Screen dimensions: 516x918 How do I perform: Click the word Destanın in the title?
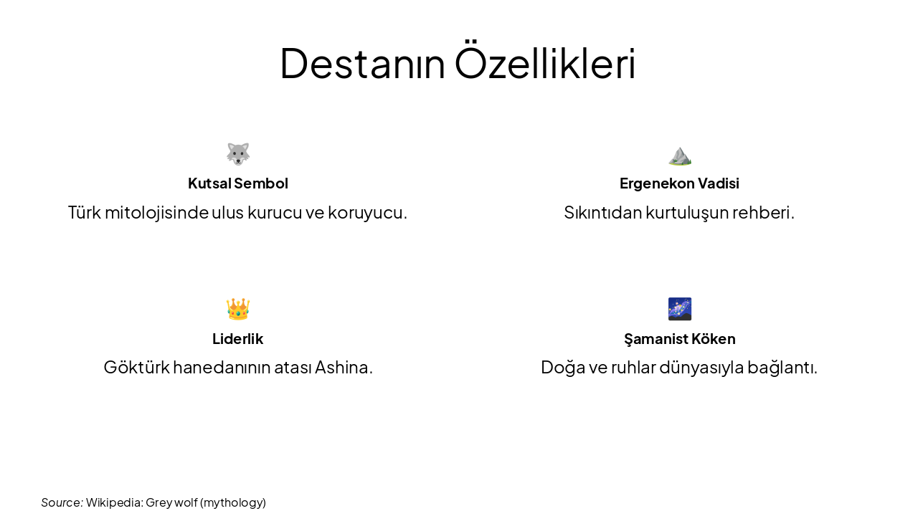(x=362, y=63)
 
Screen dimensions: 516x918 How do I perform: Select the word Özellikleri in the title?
(x=545, y=63)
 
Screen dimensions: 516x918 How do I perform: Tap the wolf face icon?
(x=238, y=153)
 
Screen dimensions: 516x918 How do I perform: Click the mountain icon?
(x=679, y=155)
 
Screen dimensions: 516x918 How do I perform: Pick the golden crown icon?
(x=238, y=309)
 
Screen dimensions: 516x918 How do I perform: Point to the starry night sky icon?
(x=679, y=309)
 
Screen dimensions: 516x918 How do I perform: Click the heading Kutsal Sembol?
(x=238, y=183)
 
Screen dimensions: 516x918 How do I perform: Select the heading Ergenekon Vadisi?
(x=679, y=183)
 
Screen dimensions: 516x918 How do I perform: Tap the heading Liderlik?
(x=238, y=339)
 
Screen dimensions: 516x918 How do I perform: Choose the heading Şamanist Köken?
(x=679, y=339)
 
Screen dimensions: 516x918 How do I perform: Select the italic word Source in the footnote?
(x=62, y=502)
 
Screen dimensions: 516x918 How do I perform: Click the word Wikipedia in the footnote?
(x=114, y=502)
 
